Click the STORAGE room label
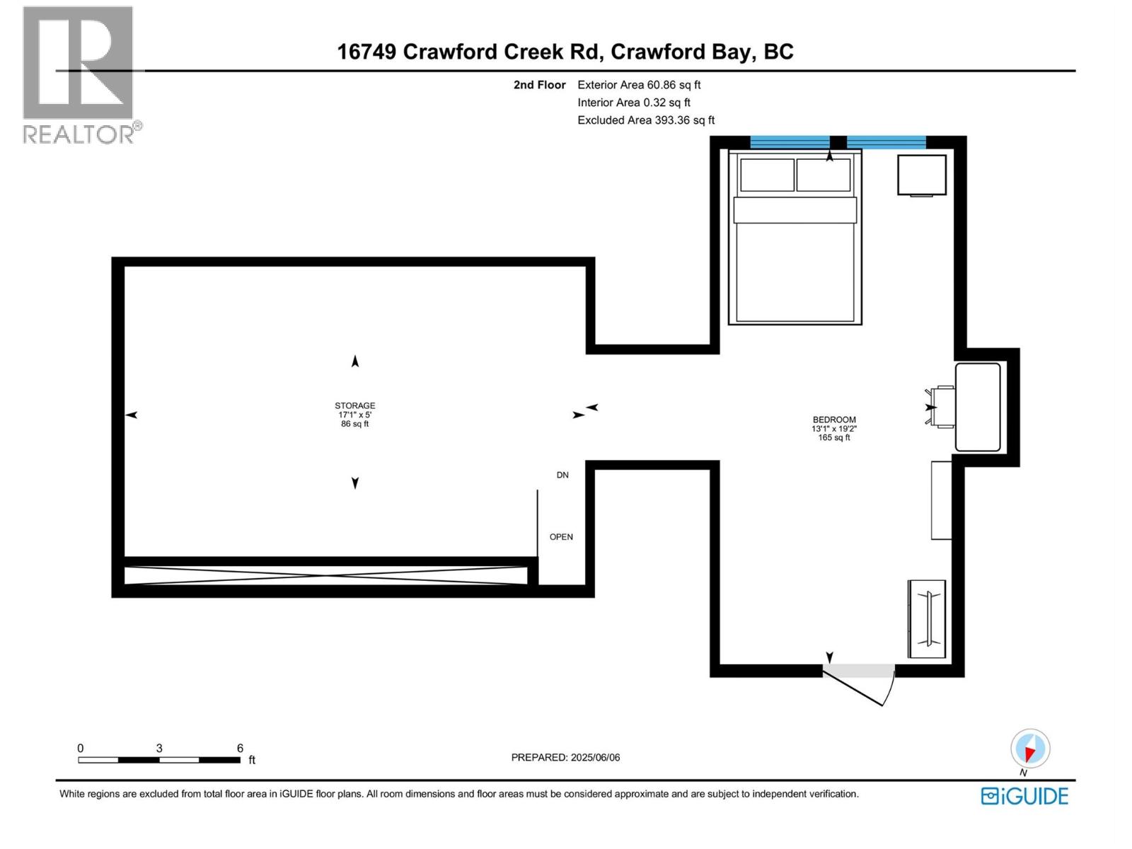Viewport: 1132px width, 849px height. point(354,406)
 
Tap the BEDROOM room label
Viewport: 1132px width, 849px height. point(834,420)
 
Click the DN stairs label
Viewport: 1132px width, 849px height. point(562,475)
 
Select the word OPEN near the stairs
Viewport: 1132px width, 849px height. point(561,537)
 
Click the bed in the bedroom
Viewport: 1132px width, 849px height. point(795,262)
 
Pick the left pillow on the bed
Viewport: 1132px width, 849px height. point(766,175)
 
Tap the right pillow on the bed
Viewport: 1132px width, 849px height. point(823,175)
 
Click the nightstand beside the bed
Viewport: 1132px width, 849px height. point(922,175)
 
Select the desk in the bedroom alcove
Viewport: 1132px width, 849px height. point(977,407)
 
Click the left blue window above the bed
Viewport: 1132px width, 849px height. point(790,142)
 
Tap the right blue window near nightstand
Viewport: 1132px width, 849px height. point(886,142)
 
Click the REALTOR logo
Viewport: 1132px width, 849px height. point(79,74)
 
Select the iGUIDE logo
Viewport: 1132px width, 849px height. point(1024,796)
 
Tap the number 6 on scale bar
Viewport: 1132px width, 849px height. point(241,748)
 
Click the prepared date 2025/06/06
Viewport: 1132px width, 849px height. point(594,757)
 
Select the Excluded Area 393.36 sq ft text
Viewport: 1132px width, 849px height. point(646,120)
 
